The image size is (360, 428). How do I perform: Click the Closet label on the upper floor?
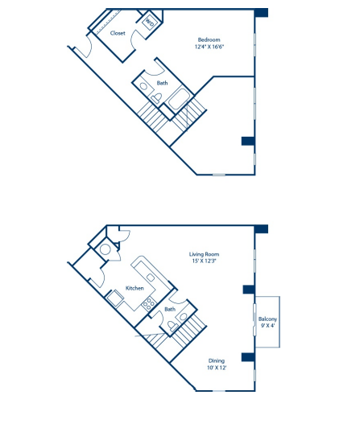[118, 34]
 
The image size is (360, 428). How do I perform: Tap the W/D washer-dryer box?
[149, 23]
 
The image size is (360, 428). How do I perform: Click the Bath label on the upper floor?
[163, 83]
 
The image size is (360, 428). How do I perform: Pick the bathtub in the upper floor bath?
[179, 102]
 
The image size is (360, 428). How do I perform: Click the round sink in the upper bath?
[143, 86]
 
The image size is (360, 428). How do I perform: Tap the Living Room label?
[205, 254]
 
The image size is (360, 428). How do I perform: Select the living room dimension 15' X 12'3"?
[205, 261]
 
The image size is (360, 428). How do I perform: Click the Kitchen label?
[134, 288]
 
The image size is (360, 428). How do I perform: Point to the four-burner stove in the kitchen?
[147, 303]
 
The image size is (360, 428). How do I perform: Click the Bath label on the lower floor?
[170, 309]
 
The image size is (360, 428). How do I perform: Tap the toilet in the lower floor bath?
[172, 326]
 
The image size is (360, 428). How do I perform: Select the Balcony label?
[268, 319]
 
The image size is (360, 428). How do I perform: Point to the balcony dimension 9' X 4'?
[268, 327]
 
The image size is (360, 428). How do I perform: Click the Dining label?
[217, 360]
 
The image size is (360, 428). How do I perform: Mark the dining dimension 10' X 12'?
[217, 368]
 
